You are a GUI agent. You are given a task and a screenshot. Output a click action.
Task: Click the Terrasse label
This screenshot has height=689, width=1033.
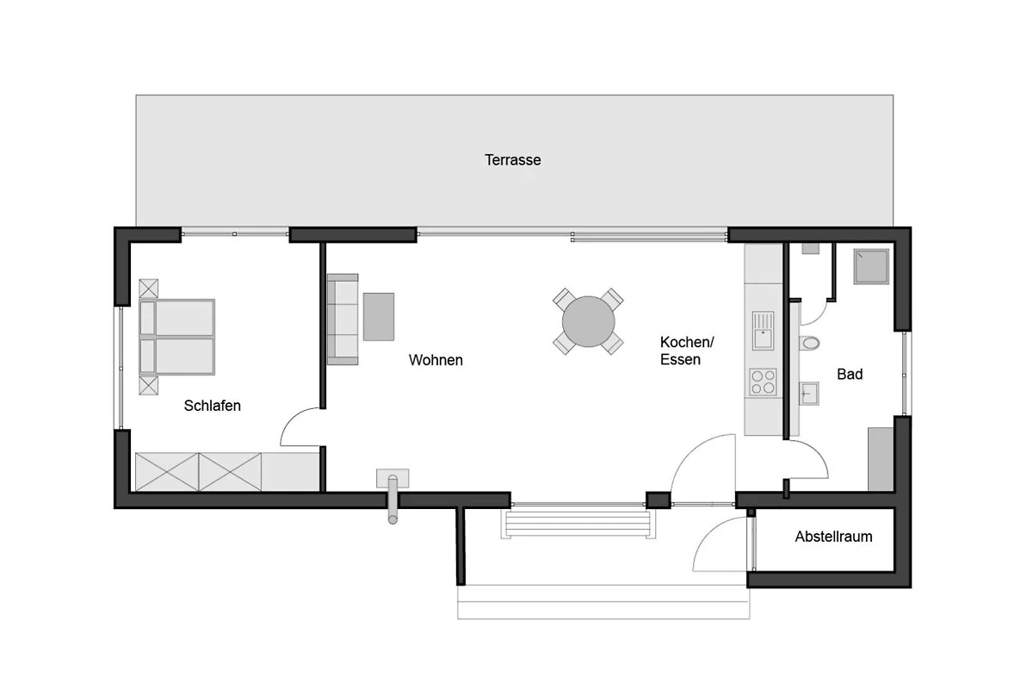(x=512, y=160)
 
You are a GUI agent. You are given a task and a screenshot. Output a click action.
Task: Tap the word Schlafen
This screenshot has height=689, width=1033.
(x=212, y=406)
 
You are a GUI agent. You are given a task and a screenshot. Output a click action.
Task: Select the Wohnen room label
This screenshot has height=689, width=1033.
(x=436, y=360)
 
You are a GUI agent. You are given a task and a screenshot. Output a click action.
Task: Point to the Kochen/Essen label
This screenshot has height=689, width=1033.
(x=687, y=351)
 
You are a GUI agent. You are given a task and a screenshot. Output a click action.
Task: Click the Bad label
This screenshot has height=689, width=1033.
(x=850, y=375)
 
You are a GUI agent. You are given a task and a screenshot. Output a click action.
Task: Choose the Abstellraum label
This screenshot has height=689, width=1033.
(x=833, y=537)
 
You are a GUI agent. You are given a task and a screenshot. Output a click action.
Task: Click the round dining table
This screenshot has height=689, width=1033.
(x=588, y=321)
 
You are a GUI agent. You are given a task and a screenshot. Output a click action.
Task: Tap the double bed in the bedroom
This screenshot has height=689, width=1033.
(x=176, y=337)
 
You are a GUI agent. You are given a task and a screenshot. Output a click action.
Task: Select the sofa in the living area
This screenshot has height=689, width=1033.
(x=343, y=320)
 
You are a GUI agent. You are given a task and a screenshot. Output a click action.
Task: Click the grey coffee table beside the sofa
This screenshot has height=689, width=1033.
(x=379, y=317)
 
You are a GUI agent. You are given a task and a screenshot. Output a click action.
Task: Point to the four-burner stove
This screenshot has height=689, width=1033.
(x=763, y=382)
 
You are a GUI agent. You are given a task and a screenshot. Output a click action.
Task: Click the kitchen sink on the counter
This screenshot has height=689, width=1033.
(x=763, y=331)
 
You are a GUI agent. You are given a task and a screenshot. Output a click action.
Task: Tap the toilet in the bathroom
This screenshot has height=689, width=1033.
(x=809, y=343)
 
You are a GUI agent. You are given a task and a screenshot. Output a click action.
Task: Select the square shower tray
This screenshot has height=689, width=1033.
(x=870, y=267)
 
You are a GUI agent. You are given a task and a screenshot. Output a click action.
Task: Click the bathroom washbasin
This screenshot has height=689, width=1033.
(x=808, y=394)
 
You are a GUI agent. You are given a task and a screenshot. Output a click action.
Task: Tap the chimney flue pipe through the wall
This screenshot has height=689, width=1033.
(x=393, y=500)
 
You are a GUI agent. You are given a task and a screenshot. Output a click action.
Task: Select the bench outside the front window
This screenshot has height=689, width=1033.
(x=578, y=524)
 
